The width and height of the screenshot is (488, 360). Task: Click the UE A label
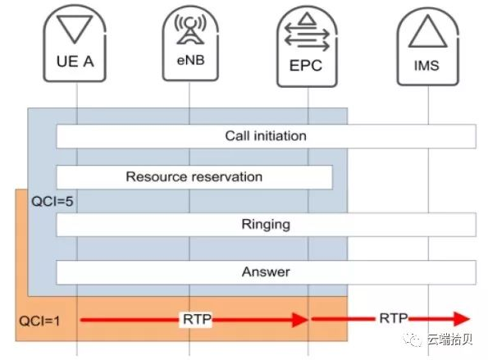[75, 62]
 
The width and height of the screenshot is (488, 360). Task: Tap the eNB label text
[190, 60]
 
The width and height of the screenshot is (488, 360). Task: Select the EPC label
[306, 66]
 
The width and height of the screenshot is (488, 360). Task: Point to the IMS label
[426, 66]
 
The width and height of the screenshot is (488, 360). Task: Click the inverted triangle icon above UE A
[75, 29]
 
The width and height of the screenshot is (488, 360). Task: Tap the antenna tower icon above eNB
[190, 30]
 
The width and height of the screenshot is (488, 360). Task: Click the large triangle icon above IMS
[427, 31]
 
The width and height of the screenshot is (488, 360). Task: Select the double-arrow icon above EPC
[307, 32]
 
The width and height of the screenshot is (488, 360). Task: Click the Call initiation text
[266, 136]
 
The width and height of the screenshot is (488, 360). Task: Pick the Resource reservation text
[194, 177]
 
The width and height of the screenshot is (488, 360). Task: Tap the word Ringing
[266, 225]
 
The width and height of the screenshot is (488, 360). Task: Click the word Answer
[266, 272]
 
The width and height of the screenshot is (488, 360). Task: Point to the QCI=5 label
[52, 201]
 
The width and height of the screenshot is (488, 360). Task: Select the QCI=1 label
[39, 321]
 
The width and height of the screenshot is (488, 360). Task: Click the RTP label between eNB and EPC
[197, 319]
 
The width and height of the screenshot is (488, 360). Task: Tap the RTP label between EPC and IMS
[394, 318]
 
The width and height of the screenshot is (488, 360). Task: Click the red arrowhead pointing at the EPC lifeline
[300, 320]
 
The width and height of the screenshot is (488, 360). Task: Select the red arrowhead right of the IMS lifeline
[462, 319]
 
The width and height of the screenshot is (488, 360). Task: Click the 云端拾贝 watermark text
[450, 339]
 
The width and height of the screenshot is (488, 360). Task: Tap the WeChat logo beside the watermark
[413, 339]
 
